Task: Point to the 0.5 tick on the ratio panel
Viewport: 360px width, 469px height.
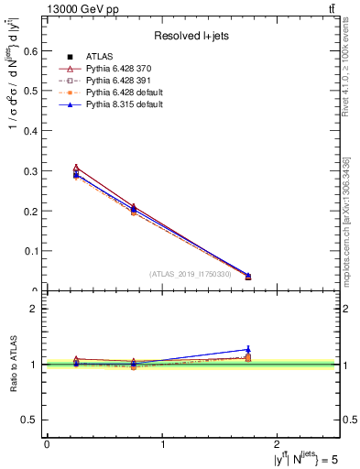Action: pos(33,420)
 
